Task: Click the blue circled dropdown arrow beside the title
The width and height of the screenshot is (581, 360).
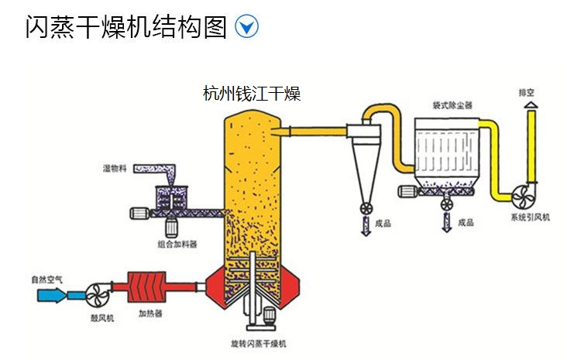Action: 246,27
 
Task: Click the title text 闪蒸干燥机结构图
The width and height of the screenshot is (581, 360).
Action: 126,27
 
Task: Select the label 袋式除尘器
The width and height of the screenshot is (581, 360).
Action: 452,103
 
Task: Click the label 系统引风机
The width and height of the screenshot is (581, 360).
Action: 530,218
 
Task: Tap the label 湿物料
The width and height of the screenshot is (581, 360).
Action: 115,166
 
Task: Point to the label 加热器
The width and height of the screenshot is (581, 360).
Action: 150,314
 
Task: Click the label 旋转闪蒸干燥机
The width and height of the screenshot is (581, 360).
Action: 259,342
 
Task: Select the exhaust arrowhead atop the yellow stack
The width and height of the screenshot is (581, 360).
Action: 530,105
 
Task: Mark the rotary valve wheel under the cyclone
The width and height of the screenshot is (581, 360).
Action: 363,208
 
